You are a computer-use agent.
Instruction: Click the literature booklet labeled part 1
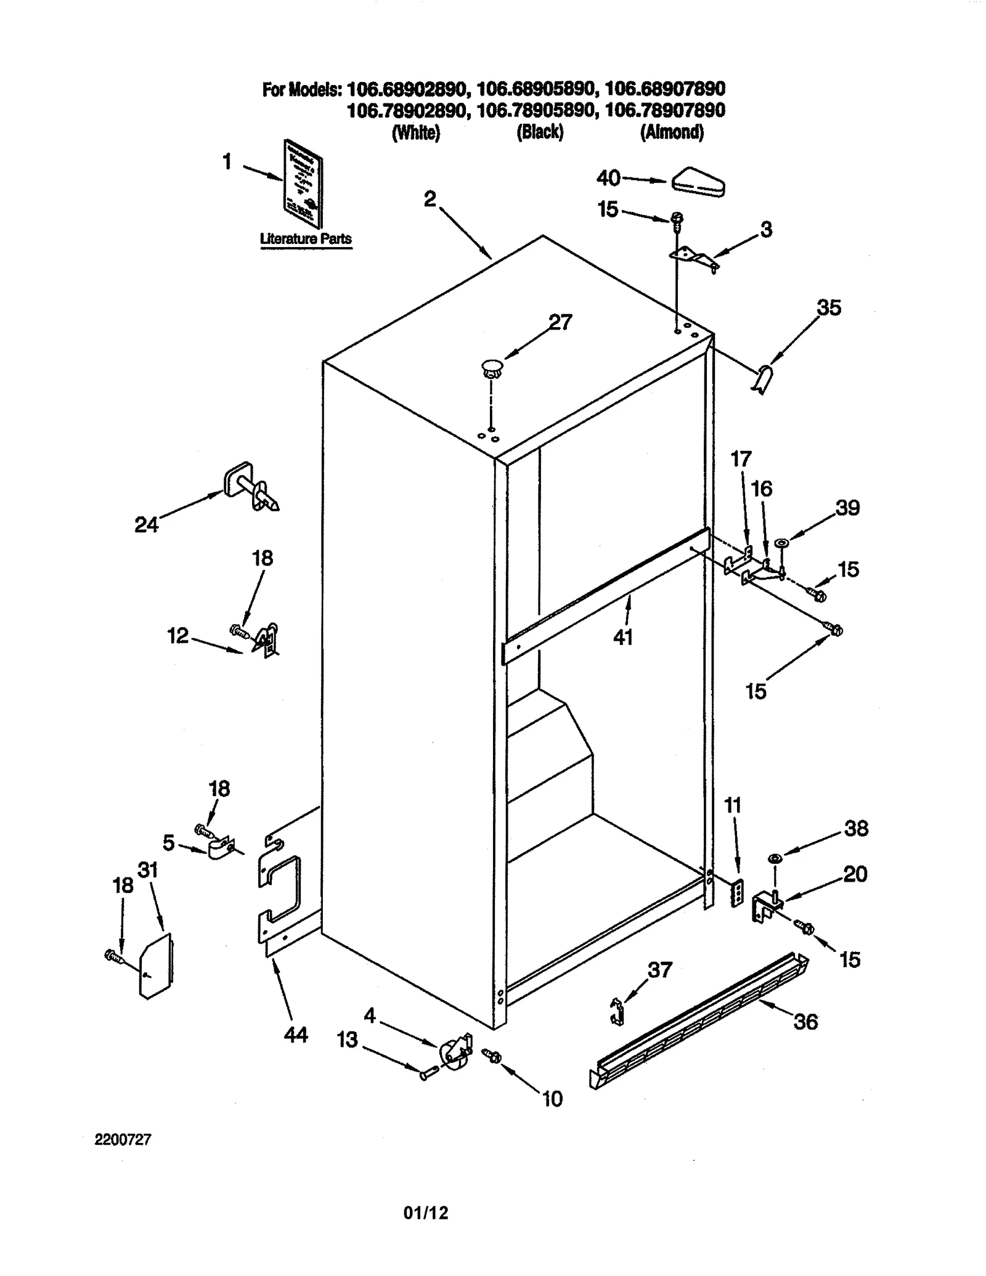[303, 183]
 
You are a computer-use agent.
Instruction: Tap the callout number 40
[608, 178]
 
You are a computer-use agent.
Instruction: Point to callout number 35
[828, 307]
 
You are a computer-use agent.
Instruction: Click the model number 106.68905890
[536, 89]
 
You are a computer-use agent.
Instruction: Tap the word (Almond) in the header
[672, 132]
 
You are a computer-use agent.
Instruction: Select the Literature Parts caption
[306, 239]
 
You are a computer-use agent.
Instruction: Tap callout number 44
[296, 1035]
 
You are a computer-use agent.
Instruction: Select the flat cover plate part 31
[156, 965]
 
